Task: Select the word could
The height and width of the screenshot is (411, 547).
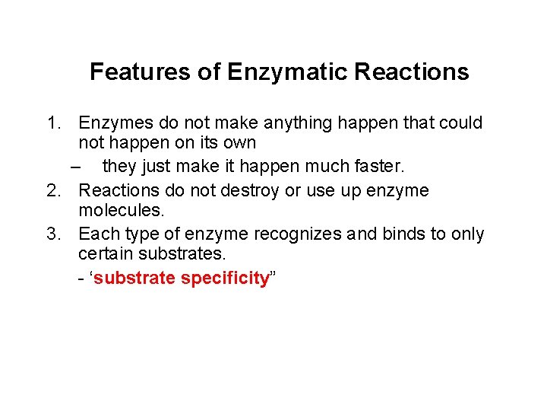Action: [x=460, y=123]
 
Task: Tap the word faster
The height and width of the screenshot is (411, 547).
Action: [x=375, y=166]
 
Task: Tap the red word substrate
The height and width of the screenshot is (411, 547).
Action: [x=135, y=279]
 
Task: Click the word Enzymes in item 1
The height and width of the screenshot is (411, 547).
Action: [x=113, y=123]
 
